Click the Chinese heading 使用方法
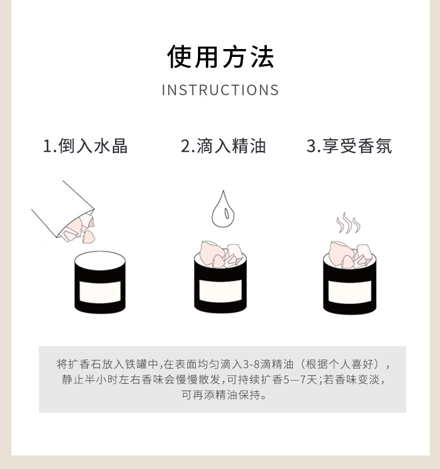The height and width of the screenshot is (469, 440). point(221,56)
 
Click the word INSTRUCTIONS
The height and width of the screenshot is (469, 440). point(221,90)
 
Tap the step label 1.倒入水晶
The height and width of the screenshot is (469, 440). point(85,146)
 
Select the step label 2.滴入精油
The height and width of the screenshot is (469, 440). point(223,146)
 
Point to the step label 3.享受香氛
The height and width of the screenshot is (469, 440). point(349,146)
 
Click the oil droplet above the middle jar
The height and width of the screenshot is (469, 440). point(223,209)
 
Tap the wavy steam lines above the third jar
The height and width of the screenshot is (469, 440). point(348,223)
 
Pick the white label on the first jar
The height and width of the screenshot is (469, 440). point(100,291)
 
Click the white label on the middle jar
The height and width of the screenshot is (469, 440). point(221,291)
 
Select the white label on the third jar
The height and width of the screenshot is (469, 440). point(350,292)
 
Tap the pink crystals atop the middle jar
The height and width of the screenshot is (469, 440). point(221,255)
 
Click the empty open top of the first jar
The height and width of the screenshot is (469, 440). point(100,260)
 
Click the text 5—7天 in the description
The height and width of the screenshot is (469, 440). point(300,379)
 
